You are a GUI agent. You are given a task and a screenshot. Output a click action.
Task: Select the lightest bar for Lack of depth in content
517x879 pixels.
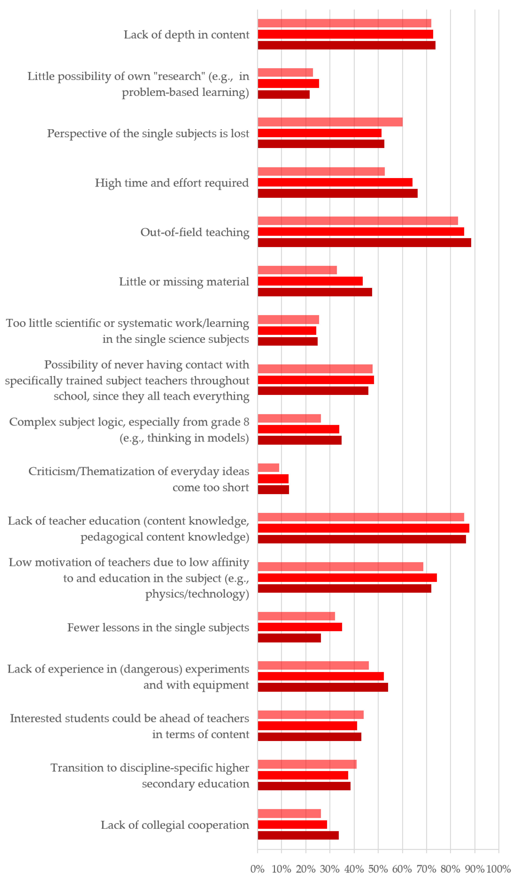click(344, 23)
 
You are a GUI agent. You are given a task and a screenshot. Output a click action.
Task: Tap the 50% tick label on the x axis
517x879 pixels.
click(378, 869)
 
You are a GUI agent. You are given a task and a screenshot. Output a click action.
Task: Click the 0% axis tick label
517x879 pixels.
click(257, 869)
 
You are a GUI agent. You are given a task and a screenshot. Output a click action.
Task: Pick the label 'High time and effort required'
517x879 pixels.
click(172, 183)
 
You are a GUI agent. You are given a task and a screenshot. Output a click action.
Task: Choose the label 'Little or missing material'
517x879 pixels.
click(184, 282)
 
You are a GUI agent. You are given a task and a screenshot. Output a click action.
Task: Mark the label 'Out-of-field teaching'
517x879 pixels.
click(195, 232)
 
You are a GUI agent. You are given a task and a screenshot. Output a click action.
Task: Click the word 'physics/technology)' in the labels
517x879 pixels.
click(197, 594)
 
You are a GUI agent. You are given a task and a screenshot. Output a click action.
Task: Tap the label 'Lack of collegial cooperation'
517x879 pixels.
click(175, 825)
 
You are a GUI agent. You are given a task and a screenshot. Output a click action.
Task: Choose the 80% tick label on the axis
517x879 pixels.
click(450, 869)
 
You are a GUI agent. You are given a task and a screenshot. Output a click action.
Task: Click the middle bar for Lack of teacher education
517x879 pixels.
click(363, 528)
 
